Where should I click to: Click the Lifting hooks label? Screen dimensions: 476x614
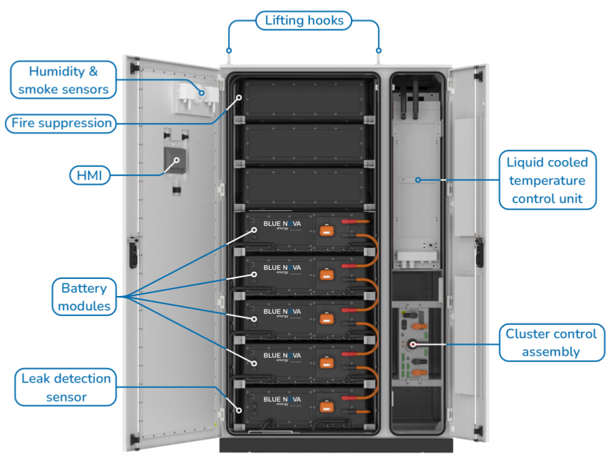(x=304, y=21)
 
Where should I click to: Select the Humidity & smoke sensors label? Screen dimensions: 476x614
(x=63, y=80)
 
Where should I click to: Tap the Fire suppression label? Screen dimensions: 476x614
(x=61, y=124)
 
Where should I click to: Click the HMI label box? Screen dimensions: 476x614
(x=89, y=176)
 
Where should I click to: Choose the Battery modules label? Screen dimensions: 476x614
(x=85, y=297)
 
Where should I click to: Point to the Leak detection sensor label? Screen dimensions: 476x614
(x=66, y=387)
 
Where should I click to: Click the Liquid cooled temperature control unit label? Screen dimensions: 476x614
(x=547, y=181)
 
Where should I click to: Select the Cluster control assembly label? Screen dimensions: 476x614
(x=551, y=343)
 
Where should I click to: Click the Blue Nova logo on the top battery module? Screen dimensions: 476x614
(x=282, y=225)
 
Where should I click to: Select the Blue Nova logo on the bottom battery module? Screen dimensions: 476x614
(x=282, y=400)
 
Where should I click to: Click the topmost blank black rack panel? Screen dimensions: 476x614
(x=302, y=100)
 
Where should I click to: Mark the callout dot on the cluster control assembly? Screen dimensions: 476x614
(x=413, y=344)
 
